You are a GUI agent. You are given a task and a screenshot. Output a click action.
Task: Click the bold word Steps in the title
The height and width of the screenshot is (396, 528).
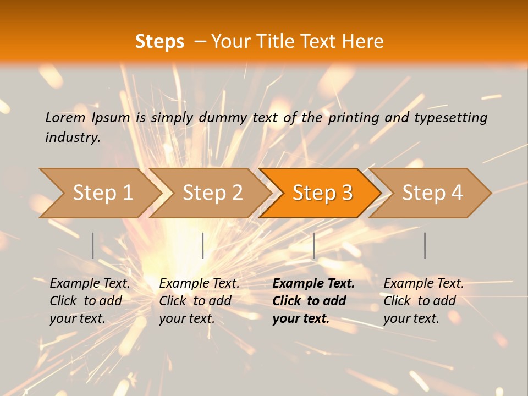tap(159, 42)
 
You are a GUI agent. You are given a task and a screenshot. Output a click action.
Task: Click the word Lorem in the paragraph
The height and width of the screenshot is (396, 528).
tap(65, 117)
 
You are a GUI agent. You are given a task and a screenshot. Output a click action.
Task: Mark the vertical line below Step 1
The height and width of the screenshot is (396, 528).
tap(93, 245)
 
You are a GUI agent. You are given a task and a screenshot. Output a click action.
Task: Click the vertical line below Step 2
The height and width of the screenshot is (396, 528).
tap(203, 245)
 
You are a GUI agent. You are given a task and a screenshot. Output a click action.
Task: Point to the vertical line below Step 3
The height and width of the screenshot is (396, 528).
tap(313, 245)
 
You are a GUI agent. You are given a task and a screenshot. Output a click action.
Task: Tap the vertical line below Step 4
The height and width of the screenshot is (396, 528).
tap(425, 245)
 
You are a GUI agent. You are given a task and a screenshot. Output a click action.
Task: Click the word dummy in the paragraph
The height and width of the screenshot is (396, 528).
tap(222, 117)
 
